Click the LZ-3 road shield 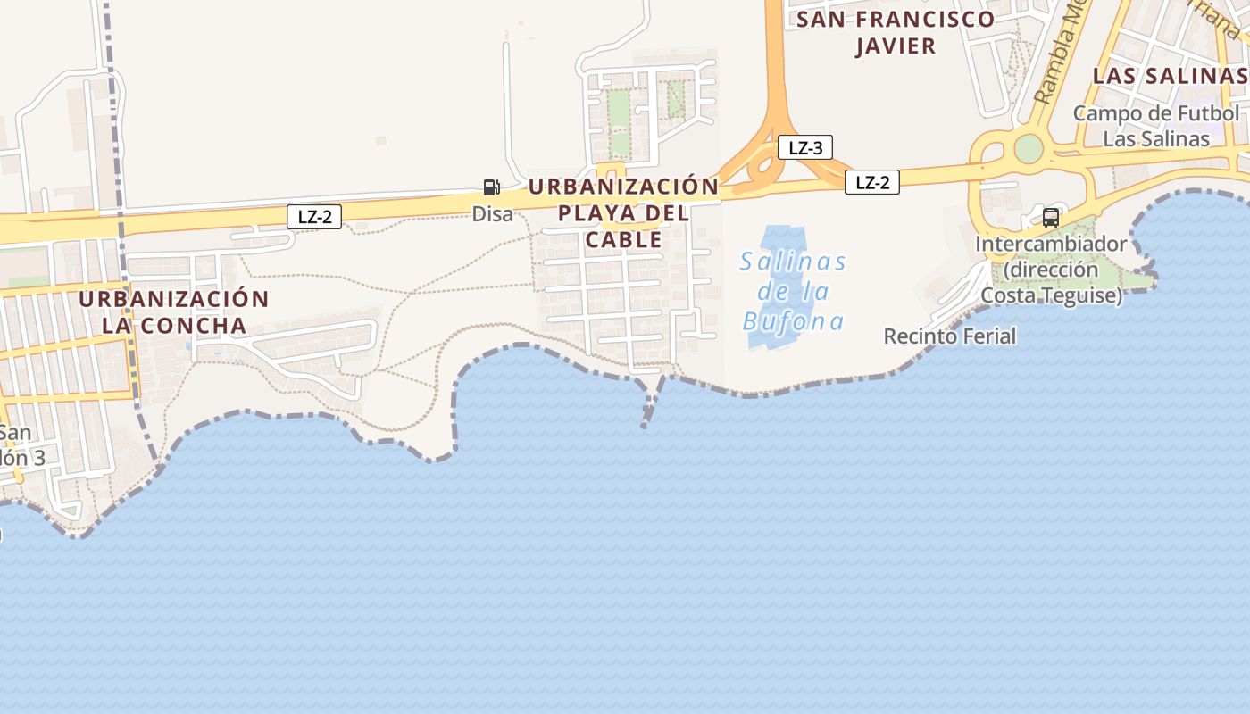click(x=805, y=147)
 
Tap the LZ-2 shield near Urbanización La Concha click(x=314, y=216)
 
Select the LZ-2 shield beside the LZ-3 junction click(x=872, y=182)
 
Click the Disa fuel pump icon click(x=491, y=187)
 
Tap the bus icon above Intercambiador click(x=1051, y=217)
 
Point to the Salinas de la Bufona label click(x=793, y=291)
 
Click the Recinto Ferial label click(x=950, y=336)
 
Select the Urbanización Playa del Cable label click(x=623, y=212)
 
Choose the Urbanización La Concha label click(x=173, y=311)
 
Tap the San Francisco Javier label click(x=895, y=32)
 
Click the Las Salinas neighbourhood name click(x=1169, y=75)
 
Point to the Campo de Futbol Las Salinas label click(x=1156, y=126)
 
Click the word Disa click(x=493, y=214)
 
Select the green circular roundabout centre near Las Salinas click(x=1029, y=148)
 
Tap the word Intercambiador click(x=1051, y=244)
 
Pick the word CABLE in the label click(x=624, y=240)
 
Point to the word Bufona click(x=793, y=320)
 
